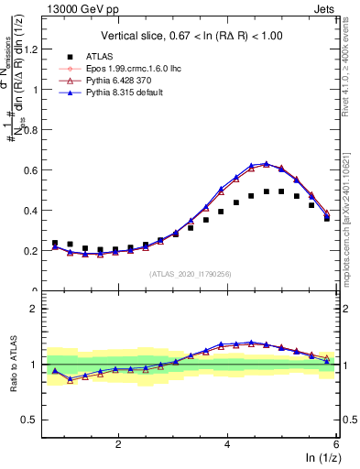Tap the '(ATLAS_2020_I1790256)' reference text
[x=191, y=274]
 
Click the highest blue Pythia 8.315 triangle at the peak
[x=266, y=164]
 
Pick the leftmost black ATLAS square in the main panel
[x=55, y=243]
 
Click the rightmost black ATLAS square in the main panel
[x=327, y=218]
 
